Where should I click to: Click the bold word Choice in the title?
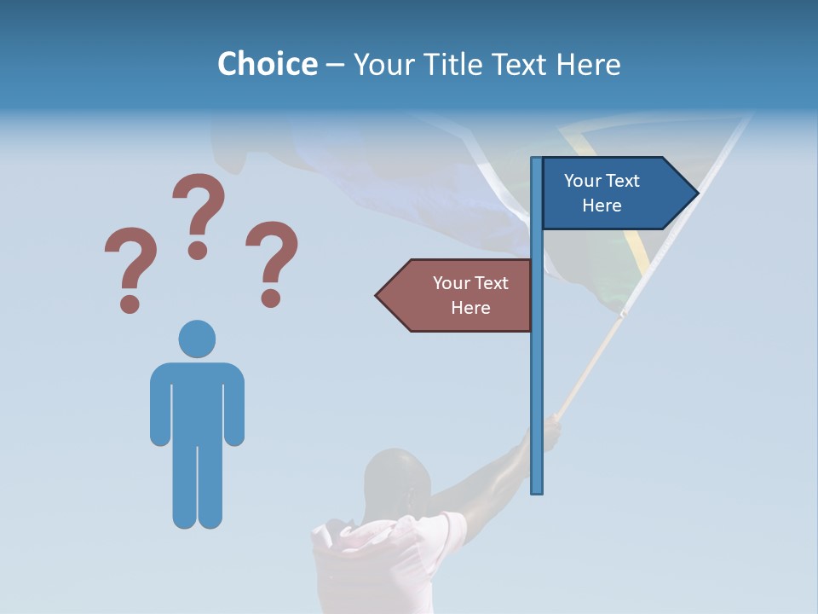point(267,64)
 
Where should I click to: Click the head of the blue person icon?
point(197,339)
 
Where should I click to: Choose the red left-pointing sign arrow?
point(456,295)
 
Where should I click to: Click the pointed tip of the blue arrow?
point(696,194)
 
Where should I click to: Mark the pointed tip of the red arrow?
point(378,296)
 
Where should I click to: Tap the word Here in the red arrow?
point(470,308)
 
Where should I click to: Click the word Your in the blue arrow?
point(583,181)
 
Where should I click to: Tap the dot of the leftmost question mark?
point(130,303)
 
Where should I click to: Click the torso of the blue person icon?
point(197,401)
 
